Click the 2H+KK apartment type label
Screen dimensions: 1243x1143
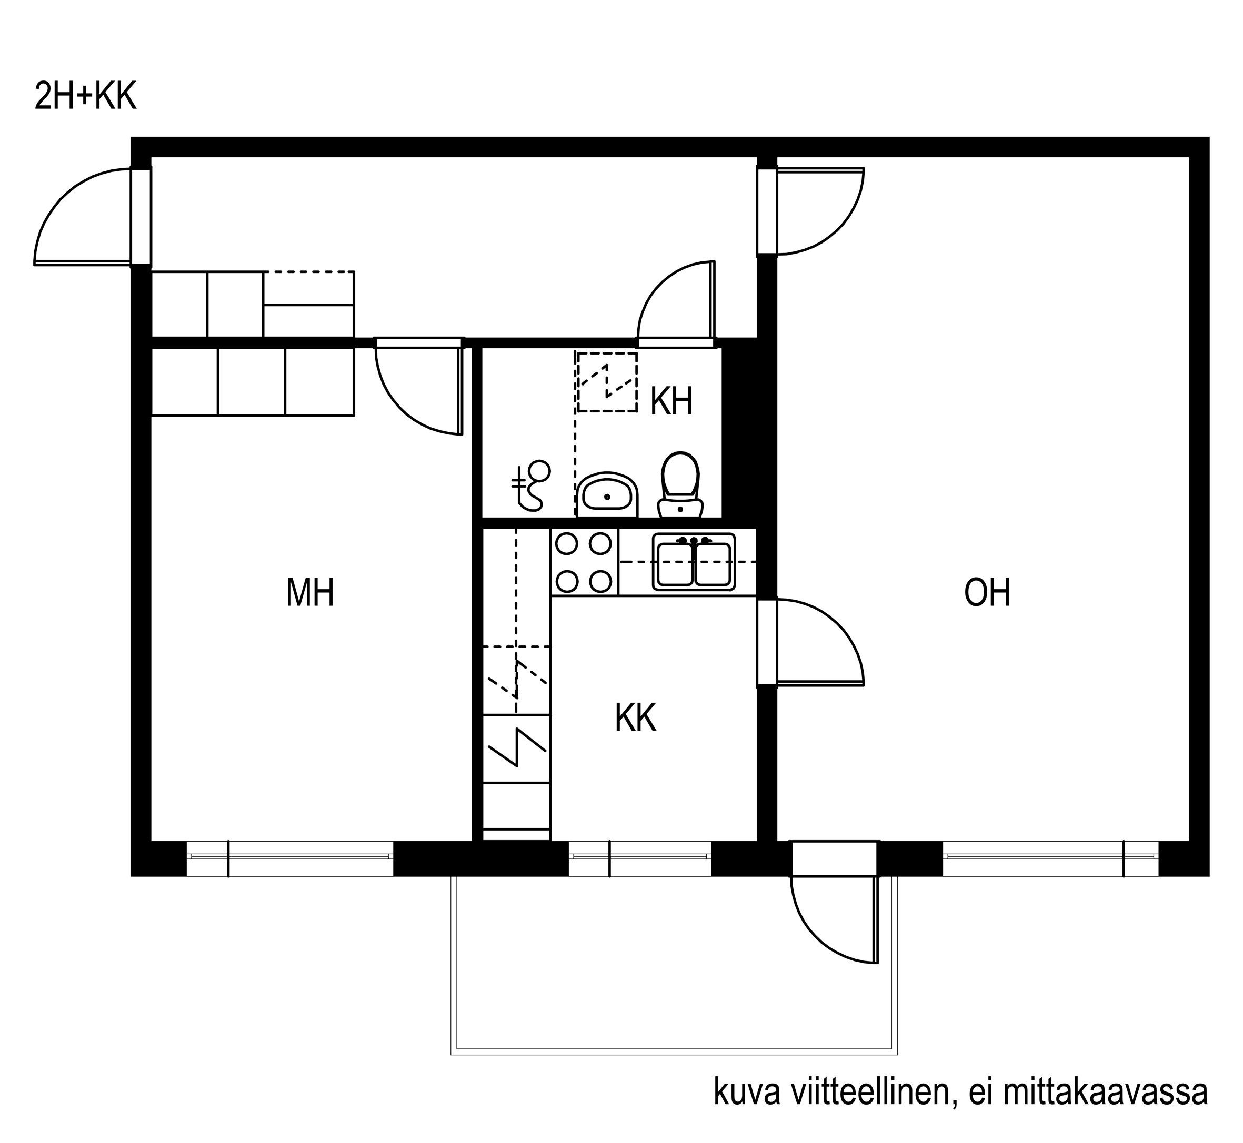[x=85, y=97]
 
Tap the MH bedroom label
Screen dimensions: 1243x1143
[x=310, y=592]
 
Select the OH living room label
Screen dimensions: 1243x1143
[x=987, y=592]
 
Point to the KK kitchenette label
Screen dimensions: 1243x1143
[x=635, y=717]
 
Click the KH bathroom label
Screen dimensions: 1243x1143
[x=671, y=401]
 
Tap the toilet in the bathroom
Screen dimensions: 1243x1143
[x=680, y=485]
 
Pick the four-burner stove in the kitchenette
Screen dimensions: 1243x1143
[x=584, y=563]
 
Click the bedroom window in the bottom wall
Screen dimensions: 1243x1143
[x=289, y=858]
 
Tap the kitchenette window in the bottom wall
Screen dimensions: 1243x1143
[x=640, y=858]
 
